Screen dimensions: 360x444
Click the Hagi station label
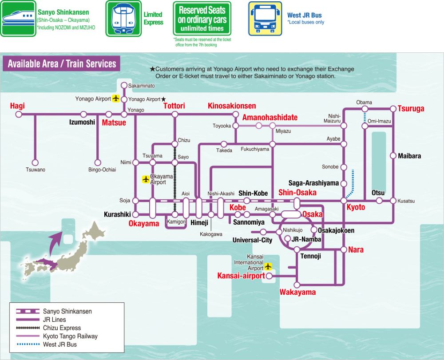18,106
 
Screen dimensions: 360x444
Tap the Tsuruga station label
411,109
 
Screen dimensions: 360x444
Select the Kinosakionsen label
232,106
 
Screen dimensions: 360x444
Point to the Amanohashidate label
270,118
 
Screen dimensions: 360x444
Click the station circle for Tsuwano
35,162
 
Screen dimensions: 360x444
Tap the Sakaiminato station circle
124,85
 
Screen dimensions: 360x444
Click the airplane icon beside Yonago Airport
116,99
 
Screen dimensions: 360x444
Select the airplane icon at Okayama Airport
145,179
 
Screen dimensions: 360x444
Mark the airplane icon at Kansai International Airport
268,266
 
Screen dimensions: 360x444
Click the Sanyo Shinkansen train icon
18,19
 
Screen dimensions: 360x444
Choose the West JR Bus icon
265,19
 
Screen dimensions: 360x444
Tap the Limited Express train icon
123,19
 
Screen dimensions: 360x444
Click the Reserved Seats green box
202,19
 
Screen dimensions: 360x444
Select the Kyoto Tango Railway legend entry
70,336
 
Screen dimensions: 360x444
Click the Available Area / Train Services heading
62,63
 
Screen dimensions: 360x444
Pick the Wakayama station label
297,292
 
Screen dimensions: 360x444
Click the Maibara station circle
393,156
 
